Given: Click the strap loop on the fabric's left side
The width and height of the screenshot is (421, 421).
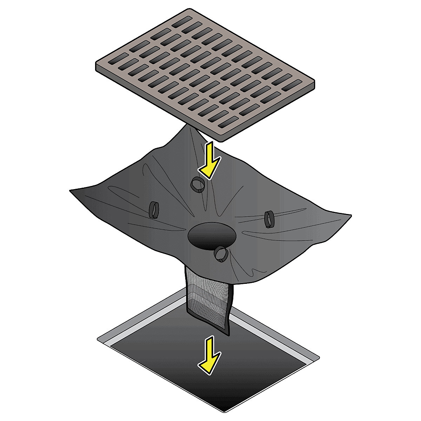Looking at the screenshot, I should [154, 210].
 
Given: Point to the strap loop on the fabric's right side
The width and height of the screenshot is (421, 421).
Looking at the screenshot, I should [269, 219].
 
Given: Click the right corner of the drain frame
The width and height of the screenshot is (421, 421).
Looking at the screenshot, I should [319, 358].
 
